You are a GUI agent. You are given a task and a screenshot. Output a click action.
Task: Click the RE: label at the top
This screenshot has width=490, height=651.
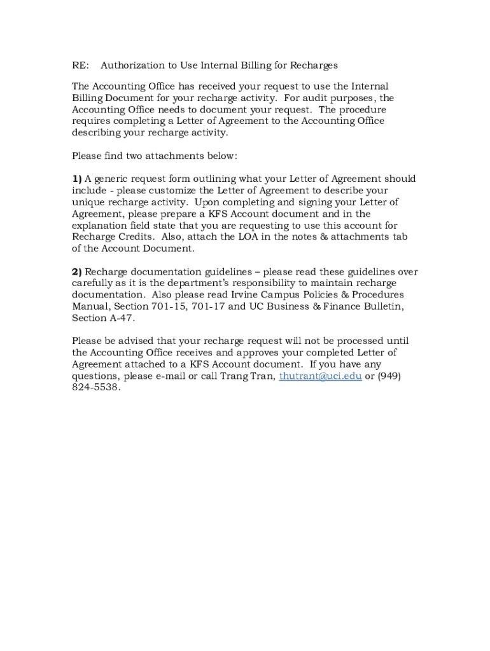(x=80, y=65)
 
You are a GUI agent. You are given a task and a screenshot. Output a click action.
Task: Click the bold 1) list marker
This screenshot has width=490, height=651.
(x=77, y=179)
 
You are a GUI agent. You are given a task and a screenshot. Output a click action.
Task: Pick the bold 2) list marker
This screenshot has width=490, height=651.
(x=77, y=271)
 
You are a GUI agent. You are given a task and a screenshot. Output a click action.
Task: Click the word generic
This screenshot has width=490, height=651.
(x=112, y=179)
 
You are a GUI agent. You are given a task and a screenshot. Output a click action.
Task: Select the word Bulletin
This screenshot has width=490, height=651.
(x=382, y=306)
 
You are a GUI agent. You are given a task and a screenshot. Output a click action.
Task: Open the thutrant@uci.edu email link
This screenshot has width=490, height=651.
(x=321, y=376)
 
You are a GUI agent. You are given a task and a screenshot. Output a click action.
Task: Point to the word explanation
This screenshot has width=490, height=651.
(x=100, y=225)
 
